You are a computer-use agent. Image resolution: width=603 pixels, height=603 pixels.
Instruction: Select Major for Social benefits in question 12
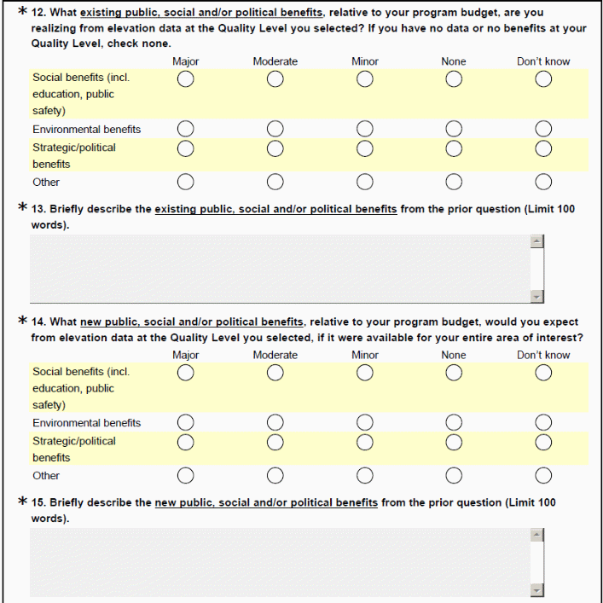(185, 79)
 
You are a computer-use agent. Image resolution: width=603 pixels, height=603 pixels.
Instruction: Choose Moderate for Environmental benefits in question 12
(275, 129)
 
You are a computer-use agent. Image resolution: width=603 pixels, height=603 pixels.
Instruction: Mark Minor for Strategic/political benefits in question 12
(365, 148)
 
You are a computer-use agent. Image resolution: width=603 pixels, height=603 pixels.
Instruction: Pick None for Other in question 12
(454, 182)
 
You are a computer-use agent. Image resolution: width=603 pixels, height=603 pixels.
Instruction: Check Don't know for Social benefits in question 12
(543, 79)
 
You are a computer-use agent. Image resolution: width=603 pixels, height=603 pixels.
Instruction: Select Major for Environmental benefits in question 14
(185, 422)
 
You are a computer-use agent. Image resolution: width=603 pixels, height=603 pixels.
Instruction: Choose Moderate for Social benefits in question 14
(275, 373)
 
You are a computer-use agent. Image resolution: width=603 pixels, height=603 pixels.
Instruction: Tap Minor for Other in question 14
(365, 475)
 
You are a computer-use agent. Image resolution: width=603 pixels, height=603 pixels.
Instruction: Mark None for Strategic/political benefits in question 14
(454, 441)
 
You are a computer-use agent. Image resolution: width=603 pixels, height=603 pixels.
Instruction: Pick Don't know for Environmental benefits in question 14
(543, 422)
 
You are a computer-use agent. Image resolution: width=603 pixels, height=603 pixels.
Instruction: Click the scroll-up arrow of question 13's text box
(536, 241)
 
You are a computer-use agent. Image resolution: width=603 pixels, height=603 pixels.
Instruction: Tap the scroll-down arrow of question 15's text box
(536, 589)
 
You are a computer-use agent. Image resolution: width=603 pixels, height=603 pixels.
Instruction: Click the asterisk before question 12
(22, 13)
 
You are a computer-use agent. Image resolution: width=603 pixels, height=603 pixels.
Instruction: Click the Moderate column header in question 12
(275, 61)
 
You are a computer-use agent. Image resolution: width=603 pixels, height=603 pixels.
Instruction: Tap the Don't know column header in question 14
(543, 355)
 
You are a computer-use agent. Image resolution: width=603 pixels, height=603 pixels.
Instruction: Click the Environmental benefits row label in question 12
(86, 130)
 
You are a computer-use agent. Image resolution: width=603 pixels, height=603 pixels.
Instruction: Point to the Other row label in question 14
(46, 476)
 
